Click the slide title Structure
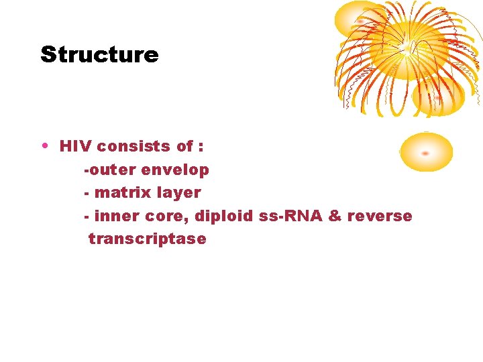click(x=99, y=54)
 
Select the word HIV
click(x=75, y=146)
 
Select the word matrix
click(x=123, y=193)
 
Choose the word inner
click(x=114, y=216)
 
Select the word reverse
click(x=380, y=216)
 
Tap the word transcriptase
click(x=147, y=239)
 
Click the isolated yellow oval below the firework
click(x=426, y=152)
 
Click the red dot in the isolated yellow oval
click(x=425, y=154)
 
